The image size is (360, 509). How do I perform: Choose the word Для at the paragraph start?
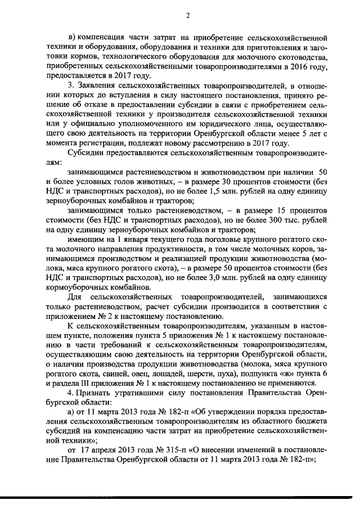[74, 296]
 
